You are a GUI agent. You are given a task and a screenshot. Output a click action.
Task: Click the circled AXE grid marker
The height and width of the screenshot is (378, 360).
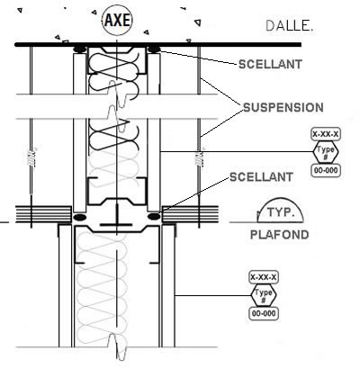[x=117, y=21]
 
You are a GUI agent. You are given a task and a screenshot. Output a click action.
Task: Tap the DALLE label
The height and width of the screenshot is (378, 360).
[x=290, y=26]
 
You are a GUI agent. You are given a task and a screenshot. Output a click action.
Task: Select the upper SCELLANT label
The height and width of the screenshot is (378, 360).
[x=270, y=64]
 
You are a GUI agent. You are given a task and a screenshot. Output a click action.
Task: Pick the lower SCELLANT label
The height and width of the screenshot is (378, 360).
[x=261, y=177]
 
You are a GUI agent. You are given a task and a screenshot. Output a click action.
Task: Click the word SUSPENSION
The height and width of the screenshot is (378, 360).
[x=283, y=108]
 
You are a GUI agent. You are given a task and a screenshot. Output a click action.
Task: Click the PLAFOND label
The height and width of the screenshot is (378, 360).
[x=280, y=235]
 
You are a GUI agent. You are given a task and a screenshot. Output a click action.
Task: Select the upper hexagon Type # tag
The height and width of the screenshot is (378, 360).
[x=326, y=152]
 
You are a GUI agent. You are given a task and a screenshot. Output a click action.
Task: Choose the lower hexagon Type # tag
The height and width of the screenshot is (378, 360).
[x=264, y=295]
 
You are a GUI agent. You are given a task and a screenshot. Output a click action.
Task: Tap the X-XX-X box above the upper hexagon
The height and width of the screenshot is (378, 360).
[x=326, y=134]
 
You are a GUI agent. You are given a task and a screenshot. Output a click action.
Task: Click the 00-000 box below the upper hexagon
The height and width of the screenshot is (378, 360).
[x=326, y=170]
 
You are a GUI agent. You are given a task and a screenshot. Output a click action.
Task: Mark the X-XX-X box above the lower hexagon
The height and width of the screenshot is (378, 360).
[x=264, y=277]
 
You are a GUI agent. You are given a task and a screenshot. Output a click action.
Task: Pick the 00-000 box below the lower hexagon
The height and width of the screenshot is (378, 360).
[x=264, y=313]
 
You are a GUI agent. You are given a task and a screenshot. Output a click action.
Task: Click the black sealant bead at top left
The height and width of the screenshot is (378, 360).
[x=80, y=49]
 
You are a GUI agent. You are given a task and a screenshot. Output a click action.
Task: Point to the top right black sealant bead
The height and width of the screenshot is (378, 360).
[x=154, y=49]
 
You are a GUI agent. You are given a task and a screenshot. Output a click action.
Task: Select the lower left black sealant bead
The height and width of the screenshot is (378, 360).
[x=79, y=217]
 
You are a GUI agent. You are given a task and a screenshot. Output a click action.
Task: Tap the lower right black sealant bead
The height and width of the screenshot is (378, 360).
[x=154, y=216]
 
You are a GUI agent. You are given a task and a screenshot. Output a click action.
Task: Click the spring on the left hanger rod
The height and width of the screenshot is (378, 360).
[x=31, y=158]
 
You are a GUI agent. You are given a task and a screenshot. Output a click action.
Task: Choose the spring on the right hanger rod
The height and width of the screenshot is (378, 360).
[x=199, y=158]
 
